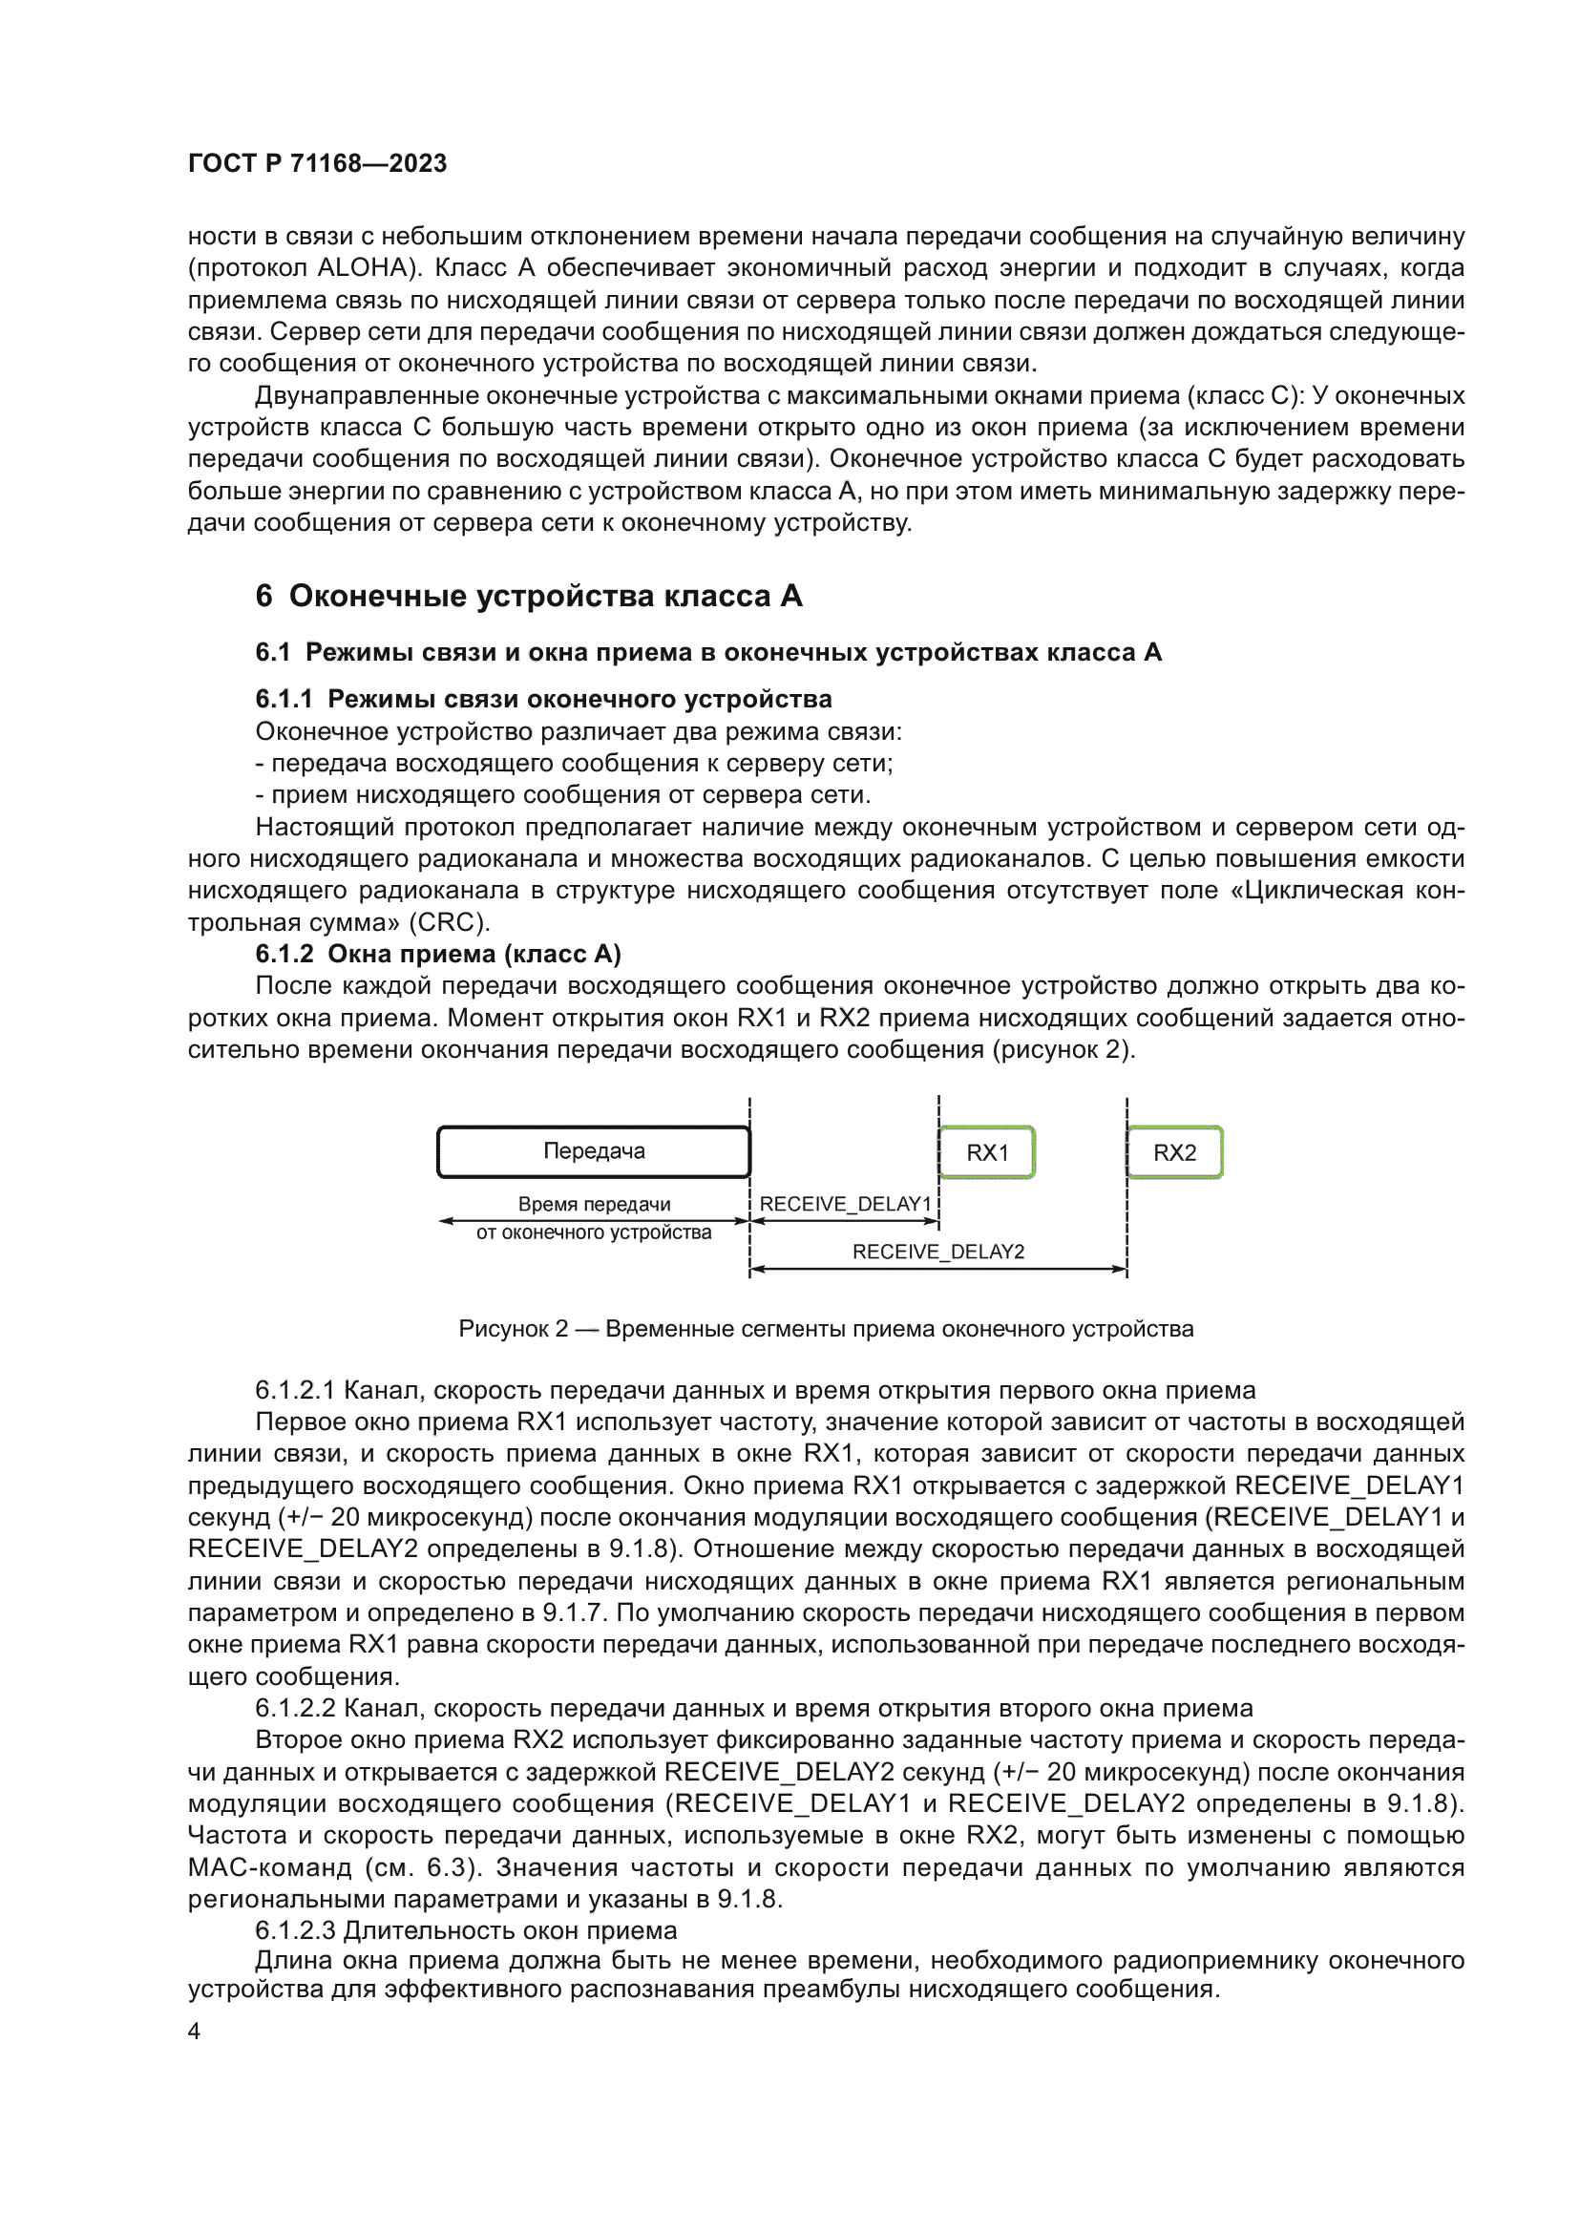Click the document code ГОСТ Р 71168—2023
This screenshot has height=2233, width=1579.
[x=317, y=163]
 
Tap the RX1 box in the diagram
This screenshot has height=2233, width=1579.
[x=987, y=1152]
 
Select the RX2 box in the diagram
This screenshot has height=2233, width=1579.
[x=1174, y=1152]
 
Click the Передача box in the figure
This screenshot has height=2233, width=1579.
[x=593, y=1151]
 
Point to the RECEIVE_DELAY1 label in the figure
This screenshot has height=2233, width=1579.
[x=845, y=1204]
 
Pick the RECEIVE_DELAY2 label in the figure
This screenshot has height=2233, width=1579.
[x=938, y=1252]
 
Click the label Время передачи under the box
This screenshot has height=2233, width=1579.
[x=594, y=1204]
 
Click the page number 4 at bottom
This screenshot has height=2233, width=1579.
[x=194, y=2032]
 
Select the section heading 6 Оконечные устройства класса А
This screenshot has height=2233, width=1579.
[x=529, y=596]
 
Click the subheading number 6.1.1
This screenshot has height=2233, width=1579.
[x=284, y=699]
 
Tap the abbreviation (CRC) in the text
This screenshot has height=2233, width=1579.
[x=450, y=922]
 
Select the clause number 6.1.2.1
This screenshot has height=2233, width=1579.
[x=296, y=1391]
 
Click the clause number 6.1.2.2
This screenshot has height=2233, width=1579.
[x=296, y=1709]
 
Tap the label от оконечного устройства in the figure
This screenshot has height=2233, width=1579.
[x=593, y=1232]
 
